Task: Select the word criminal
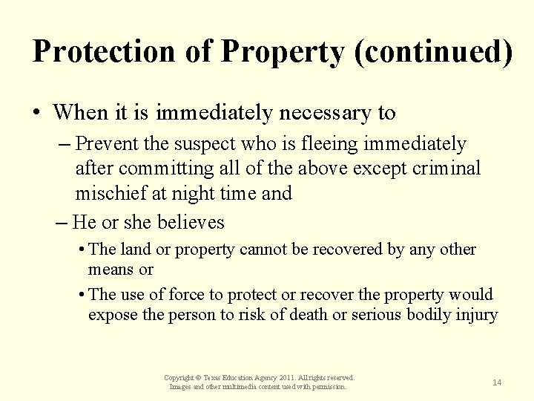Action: click(x=444, y=169)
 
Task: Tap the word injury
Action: click(x=477, y=314)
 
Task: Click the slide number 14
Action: click(x=497, y=382)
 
